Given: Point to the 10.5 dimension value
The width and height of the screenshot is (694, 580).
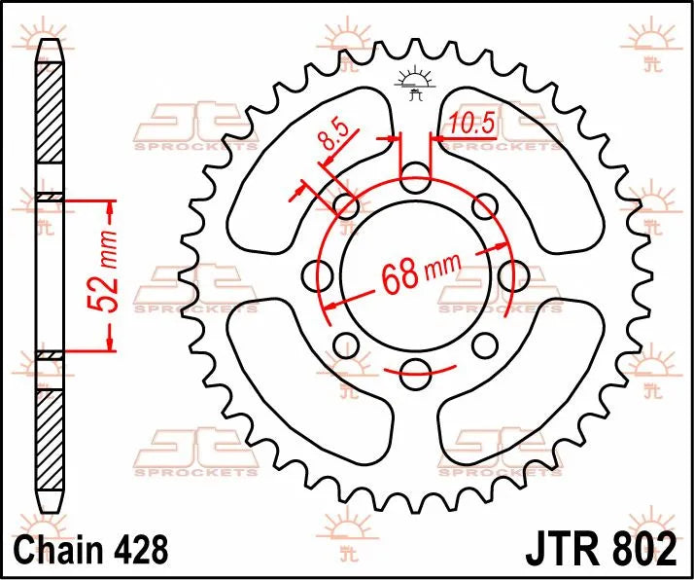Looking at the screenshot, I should tap(471, 126).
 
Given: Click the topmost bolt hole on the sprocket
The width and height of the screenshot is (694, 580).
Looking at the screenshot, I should tap(416, 177).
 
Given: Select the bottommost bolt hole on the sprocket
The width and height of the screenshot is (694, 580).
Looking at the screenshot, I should tap(416, 369).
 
